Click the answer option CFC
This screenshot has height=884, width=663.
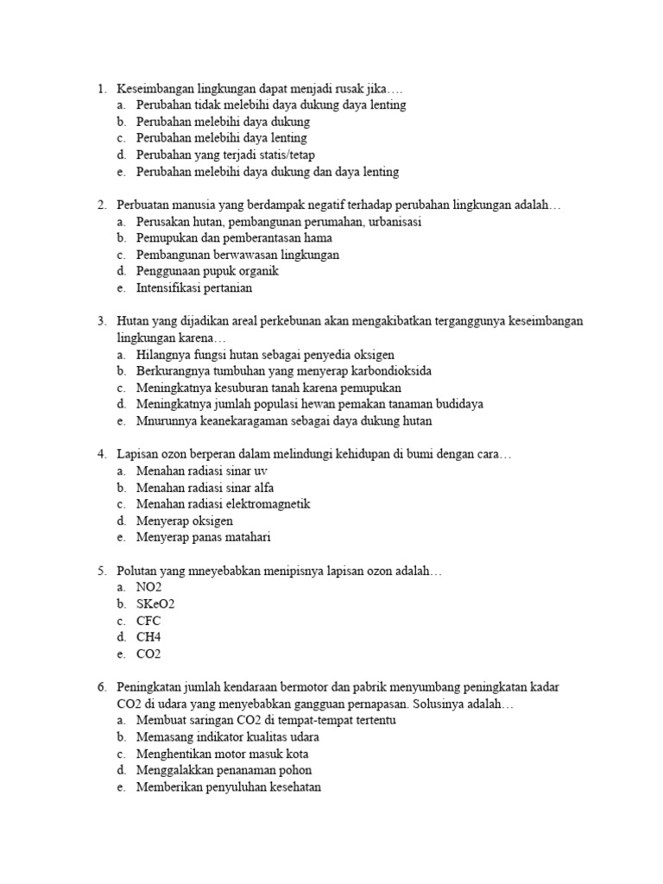[x=148, y=621]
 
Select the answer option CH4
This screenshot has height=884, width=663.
[x=148, y=637]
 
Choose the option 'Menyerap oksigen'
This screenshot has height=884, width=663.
[x=184, y=521]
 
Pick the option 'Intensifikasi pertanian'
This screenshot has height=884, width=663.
[x=194, y=288]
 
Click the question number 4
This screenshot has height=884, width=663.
[x=101, y=454]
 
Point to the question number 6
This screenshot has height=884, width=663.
[x=101, y=687]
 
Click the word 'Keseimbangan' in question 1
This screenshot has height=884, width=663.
[x=155, y=88]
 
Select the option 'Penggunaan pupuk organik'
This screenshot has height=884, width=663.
[x=207, y=271]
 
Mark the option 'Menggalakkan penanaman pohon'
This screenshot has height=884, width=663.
[x=224, y=770]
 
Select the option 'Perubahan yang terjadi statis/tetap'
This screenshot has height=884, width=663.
[x=225, y=155]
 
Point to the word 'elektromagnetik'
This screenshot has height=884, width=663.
[x=269, y=504]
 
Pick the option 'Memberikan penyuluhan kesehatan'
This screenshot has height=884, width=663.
[x=229, y=787]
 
